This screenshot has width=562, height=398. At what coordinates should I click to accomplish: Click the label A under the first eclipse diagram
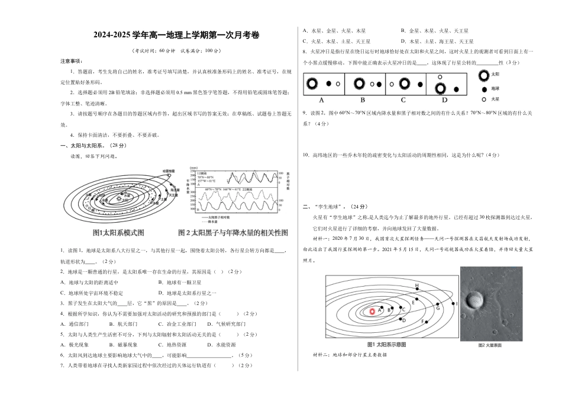(x=321, y=100)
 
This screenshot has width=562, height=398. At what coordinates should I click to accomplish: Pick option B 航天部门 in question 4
(x=124, y=324)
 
